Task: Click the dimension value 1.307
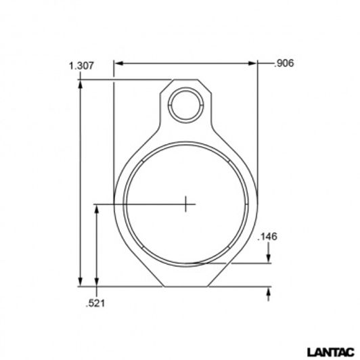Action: point(81,66)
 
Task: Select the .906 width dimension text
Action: point(284,64)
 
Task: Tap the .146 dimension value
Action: point(269,237)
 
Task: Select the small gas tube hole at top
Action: point(185,105)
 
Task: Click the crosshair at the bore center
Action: point(185,203)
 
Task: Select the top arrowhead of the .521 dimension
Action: point(99,207)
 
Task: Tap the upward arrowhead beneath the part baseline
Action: point(269,292)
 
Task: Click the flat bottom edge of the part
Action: point(185,286)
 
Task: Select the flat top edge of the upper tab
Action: point(185,80)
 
